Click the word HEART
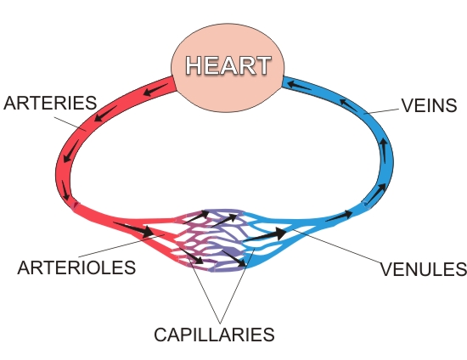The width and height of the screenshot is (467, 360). [228, 65]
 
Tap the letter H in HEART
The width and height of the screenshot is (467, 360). [194, 65]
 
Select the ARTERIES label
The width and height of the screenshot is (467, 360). [50, 103]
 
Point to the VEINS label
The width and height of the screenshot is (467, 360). [429, 105]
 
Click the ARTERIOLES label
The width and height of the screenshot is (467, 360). [76, 267]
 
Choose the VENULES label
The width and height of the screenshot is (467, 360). [424, 269]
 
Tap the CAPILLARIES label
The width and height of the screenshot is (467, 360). [214, 335]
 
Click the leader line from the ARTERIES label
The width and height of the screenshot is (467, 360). [70, 124]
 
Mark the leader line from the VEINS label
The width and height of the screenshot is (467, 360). [382, 111]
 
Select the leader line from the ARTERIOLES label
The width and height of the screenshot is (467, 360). [121, 245]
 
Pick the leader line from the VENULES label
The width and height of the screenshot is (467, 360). [336, 246]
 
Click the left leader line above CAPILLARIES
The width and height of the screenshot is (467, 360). [205, 291]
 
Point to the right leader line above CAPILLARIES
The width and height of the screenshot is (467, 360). [238, 286]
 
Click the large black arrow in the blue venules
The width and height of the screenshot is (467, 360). [265, 234]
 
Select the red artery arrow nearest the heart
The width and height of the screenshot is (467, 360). [155, 90]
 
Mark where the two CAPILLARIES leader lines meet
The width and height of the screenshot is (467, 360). [221, 323]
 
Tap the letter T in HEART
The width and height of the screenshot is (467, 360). [262, 65]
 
